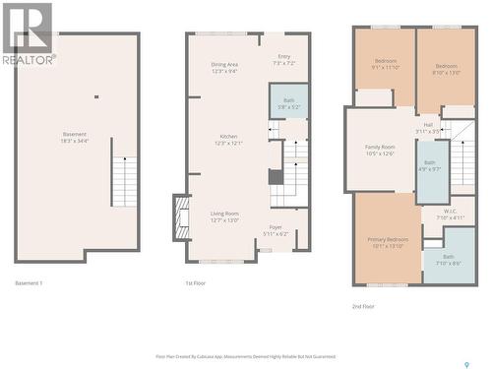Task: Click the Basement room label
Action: (75, 138)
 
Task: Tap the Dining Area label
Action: (224, 68)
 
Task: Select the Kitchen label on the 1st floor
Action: (228, 140)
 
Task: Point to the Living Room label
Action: (224, 216)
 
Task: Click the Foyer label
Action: (276, 230)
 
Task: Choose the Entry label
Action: (283, 60)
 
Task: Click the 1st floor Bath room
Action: (288, 102)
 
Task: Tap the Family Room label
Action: (379, 150)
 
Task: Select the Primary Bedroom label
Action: (388, 242)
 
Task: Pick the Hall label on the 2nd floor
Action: (428, 127)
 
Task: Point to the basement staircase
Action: (125, 180)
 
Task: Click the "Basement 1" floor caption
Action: (29, 283)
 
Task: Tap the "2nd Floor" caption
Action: (364, 306)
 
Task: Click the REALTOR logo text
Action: (27, 59)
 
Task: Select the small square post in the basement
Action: (95, 96)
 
